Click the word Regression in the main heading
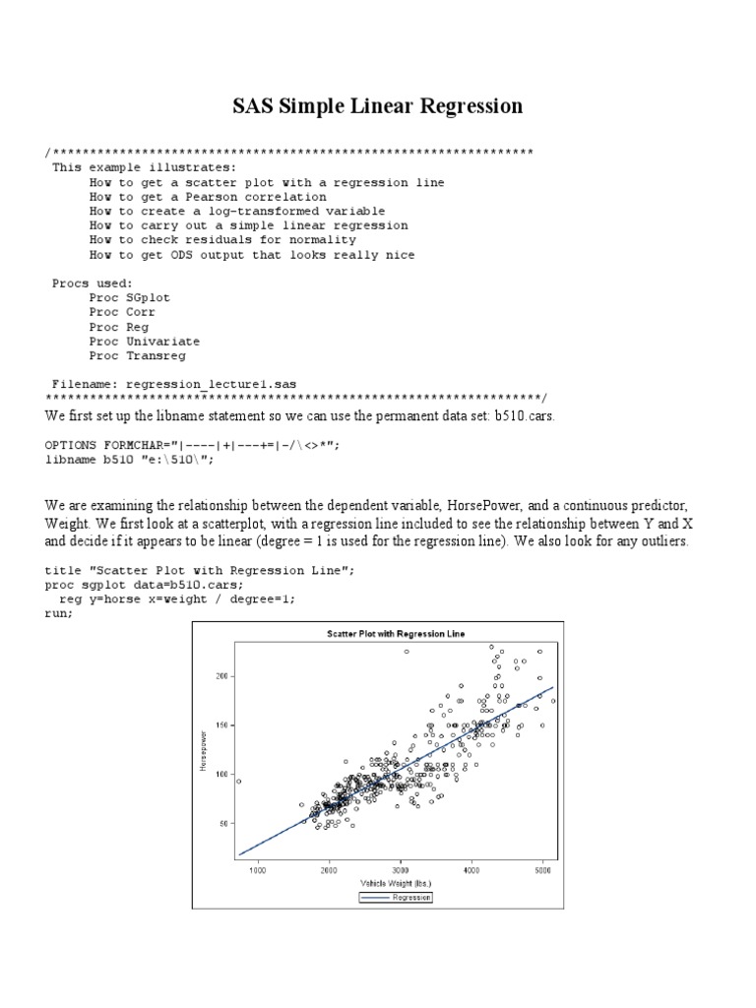[x=466, y=105]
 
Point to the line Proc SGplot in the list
[x=119, y=297]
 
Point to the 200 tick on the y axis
[x=220, y=676]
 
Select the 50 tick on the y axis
[x=221, y=823]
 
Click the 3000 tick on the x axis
[x=401, y=870]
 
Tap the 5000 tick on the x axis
[x=542, y=870]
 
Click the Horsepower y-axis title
[x=203, y=750]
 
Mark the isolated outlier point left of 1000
[x=238, y=781]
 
